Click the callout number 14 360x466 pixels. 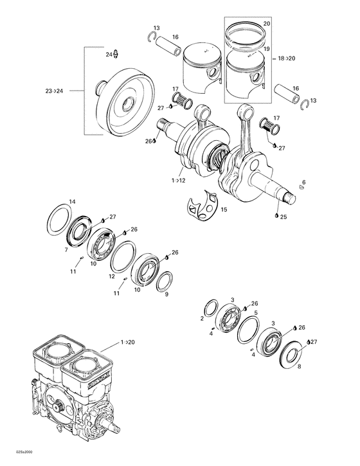click(72, 202)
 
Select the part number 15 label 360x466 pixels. click(224, 210)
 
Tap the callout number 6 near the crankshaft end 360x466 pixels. click(303, 183)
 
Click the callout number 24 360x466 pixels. click(109, 55)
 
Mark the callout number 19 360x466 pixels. click(267, 49)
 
